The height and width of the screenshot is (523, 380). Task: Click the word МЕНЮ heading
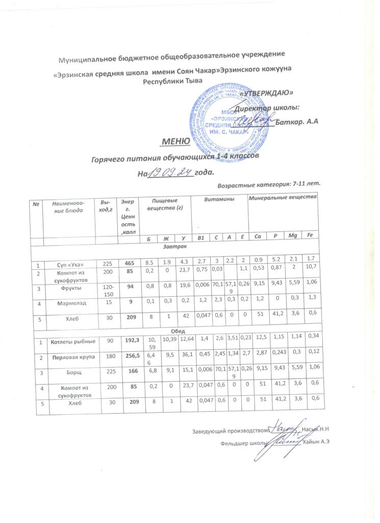(x=176, y=140)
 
